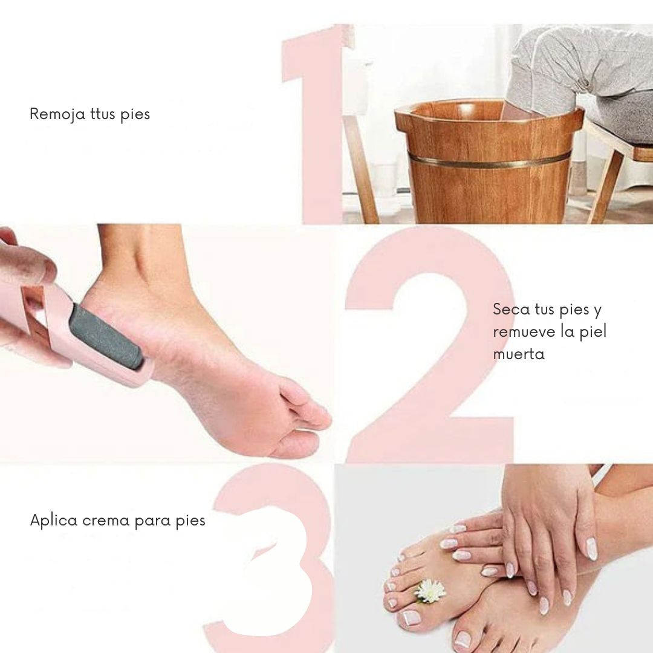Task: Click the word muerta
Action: point(519,354)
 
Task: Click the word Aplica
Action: point(54,521)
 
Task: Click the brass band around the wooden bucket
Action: point(490,160)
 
